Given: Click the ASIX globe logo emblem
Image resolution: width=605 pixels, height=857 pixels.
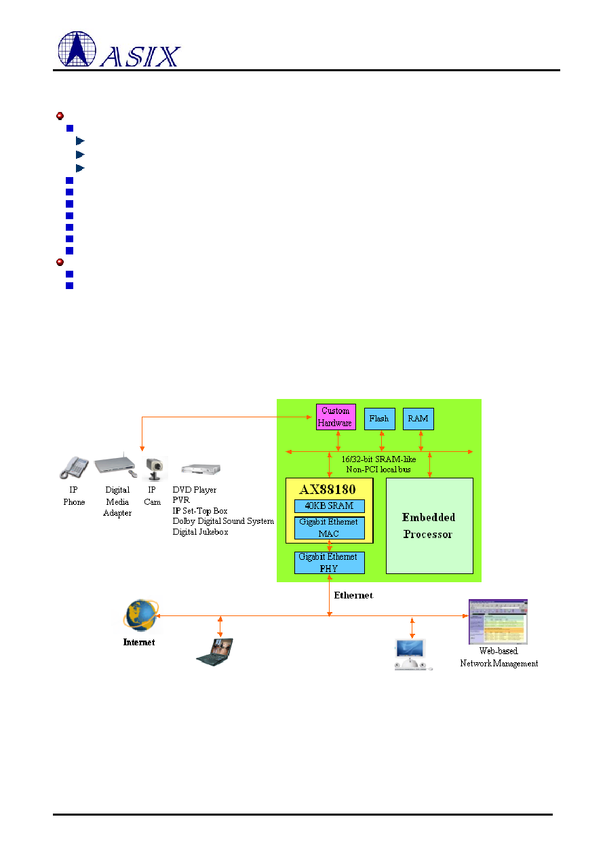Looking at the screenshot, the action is [77, 49].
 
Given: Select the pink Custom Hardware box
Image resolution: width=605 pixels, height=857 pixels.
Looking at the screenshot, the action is [336, 417].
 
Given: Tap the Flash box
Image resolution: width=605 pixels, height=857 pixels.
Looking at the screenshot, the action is [379, 419].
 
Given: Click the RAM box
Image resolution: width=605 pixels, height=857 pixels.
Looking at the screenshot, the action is [418, 419].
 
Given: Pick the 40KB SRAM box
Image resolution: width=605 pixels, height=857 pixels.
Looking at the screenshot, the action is [329, 506].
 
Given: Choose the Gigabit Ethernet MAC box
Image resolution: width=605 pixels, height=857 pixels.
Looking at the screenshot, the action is [329, 528].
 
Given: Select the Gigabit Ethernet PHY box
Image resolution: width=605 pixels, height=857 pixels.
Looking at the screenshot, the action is [329, 563].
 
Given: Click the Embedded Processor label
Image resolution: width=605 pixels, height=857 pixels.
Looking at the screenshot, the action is [429, 526].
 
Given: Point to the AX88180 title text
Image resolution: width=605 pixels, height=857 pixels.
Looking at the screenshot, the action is [328, 489].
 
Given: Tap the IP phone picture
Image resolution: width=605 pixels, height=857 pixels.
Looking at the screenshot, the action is [74, 467].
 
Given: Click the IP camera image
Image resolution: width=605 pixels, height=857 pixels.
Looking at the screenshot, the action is [155, 468].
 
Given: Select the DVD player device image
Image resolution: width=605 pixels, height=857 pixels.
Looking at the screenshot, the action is [201, 469].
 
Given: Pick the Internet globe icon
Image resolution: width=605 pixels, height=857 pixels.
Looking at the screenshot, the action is [140, 615].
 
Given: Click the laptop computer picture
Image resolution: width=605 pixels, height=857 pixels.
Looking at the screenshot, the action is [215, 652].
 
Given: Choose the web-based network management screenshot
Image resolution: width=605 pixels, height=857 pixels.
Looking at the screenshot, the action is [498, 622].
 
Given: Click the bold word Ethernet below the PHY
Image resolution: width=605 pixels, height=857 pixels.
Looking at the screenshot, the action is [353, 595].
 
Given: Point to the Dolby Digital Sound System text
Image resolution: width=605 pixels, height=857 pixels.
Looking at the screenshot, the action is [223, 521].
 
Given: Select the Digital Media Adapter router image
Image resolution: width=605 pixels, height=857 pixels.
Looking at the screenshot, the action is [115, 465].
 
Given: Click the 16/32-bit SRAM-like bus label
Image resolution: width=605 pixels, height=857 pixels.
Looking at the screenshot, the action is [378, 464].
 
